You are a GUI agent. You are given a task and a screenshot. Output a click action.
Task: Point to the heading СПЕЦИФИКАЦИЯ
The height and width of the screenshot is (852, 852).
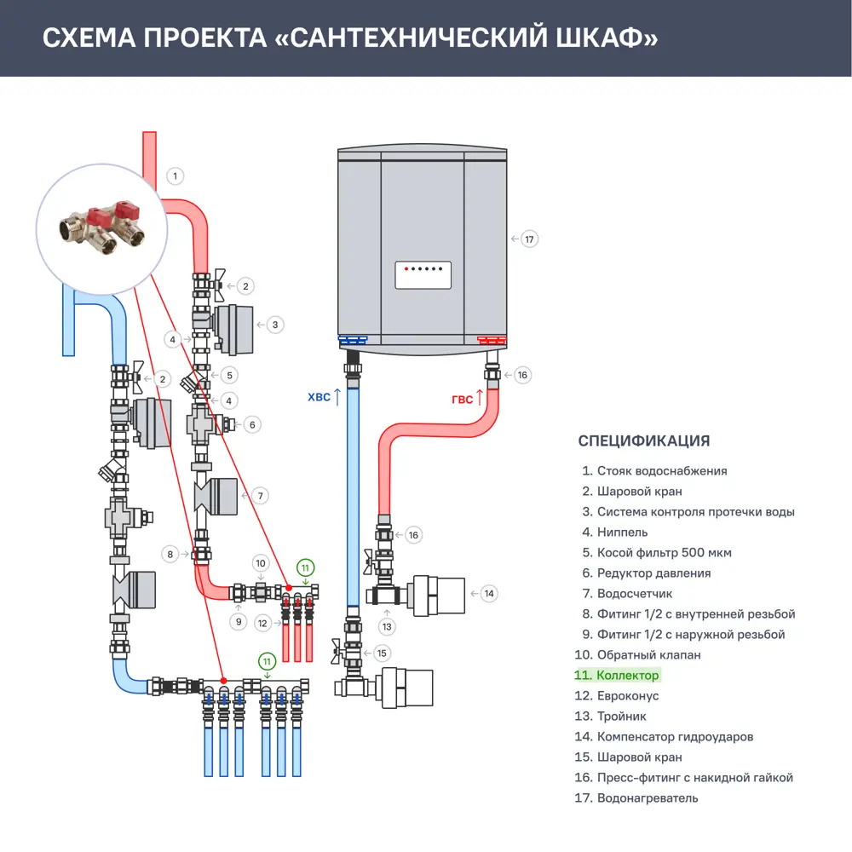pos(643,441)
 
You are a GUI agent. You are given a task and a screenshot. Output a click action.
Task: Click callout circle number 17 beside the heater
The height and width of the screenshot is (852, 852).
pos(530,239)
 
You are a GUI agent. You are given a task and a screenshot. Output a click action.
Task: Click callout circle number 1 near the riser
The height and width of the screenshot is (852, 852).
pos(175,176)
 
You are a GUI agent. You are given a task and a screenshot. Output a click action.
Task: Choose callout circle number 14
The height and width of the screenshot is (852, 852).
pos(488,594)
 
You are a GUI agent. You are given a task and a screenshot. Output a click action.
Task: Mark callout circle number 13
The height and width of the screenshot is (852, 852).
pos(388,627)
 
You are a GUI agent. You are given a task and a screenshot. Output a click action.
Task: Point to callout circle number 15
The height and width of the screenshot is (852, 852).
pos(381,653)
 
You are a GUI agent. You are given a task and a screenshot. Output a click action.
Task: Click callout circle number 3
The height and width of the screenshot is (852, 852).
pos(275,325)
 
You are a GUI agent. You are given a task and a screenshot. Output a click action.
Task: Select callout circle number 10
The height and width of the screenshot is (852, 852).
pos(262,563)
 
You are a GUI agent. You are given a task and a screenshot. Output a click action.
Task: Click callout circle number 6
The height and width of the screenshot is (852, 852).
pos(252,424)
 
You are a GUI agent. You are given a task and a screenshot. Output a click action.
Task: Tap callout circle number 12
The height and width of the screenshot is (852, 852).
pos(262,624)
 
